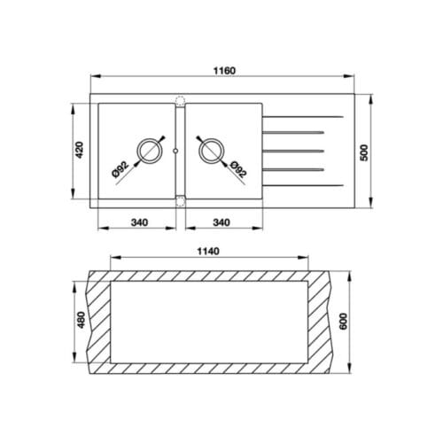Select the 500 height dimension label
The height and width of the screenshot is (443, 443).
pos(363,151)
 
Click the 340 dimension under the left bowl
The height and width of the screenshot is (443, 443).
pos(137,221)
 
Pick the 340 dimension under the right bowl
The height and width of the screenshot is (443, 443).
pos(223,221)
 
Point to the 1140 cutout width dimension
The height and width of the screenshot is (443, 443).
pos(209,251)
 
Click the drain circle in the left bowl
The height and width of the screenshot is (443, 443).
pos(148,151)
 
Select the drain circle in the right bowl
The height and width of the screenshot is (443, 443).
pos(212,151)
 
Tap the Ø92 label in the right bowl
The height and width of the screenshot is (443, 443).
pos(237,170)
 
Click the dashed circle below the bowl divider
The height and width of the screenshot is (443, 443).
pos(181,200)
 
